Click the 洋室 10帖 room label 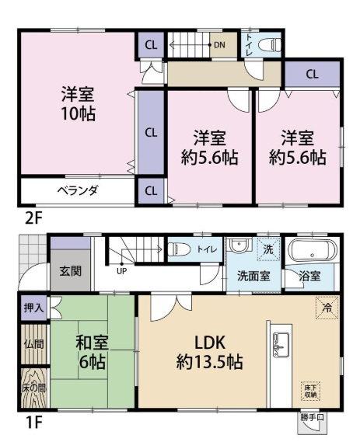(78, 103)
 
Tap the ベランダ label (76, 190)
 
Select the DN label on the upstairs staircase (220, 44)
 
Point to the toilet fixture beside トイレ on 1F (178, 249)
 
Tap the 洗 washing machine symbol (266, 250)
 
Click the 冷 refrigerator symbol (326, 308)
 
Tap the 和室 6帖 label (91, 351)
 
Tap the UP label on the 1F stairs (122, 271)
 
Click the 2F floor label (32, 218)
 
